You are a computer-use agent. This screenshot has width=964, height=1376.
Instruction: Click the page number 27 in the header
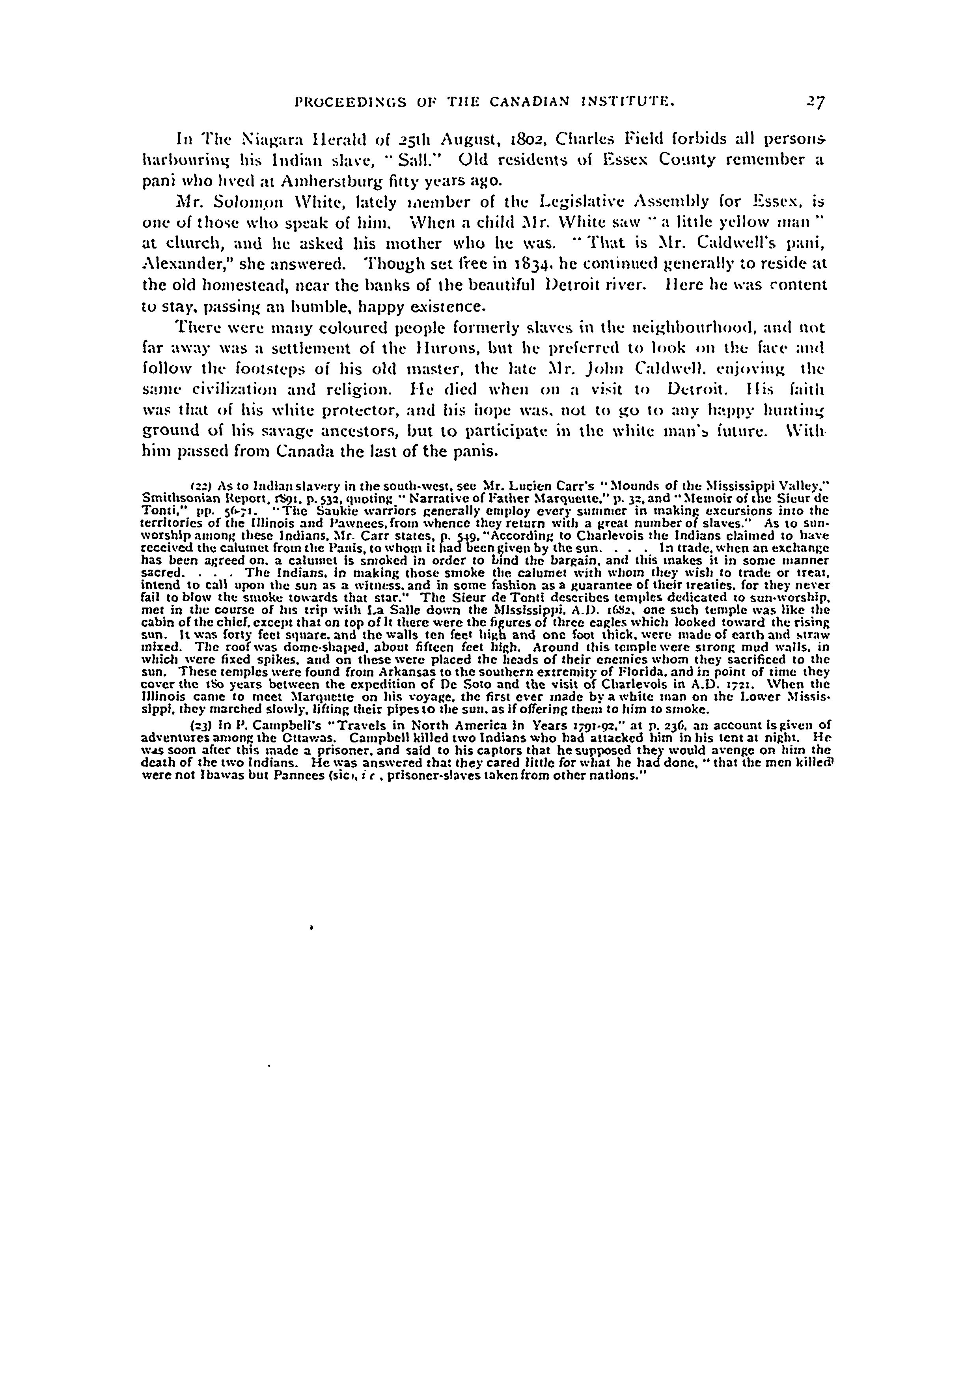pos(817,102)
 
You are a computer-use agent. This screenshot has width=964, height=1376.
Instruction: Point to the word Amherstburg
pos(282,181)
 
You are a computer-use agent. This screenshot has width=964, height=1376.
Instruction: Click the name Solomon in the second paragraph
pos(239,202)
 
